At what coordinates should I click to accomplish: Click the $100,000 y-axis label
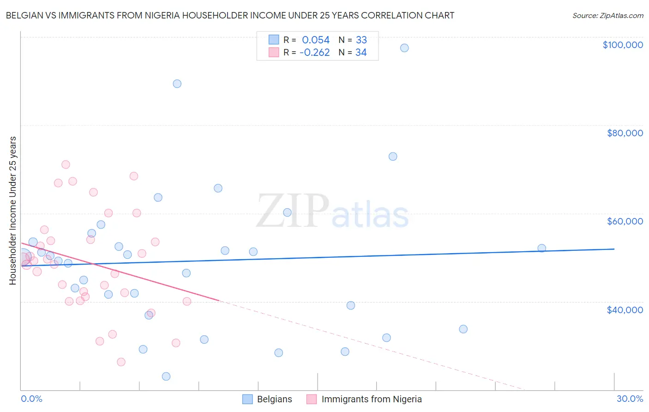click(623, 45)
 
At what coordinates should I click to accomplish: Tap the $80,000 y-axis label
click(625, 133)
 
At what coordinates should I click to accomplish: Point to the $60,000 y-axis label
click(625, 221)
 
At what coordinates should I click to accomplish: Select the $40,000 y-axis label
click(625, 310)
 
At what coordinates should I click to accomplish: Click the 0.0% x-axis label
click(31, 399)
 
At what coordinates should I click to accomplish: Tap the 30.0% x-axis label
click(630, 399)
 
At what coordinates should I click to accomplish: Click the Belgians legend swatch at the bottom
click(247, 399)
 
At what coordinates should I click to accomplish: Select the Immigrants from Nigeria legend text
click(372, 399)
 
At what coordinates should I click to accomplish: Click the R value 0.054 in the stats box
click(316, 40)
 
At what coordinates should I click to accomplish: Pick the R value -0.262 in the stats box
click(314, 53)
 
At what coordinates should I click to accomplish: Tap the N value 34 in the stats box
click(361, 53)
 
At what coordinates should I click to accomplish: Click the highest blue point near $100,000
click(404, 48)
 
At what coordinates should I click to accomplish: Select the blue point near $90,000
click(177, 84)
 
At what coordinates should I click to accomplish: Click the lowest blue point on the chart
click(166, 376)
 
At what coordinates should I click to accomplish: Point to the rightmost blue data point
click(542, 248)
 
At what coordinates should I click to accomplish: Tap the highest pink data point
click(66, 165)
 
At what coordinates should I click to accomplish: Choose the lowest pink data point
click(121, 362)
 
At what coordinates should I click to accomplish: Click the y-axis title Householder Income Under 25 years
click(13, 211)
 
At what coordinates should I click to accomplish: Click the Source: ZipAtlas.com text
click(607, 16)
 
